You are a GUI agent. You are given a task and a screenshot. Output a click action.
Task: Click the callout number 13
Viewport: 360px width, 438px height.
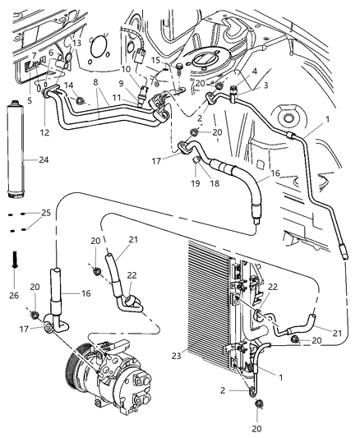(x=76, y=43)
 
